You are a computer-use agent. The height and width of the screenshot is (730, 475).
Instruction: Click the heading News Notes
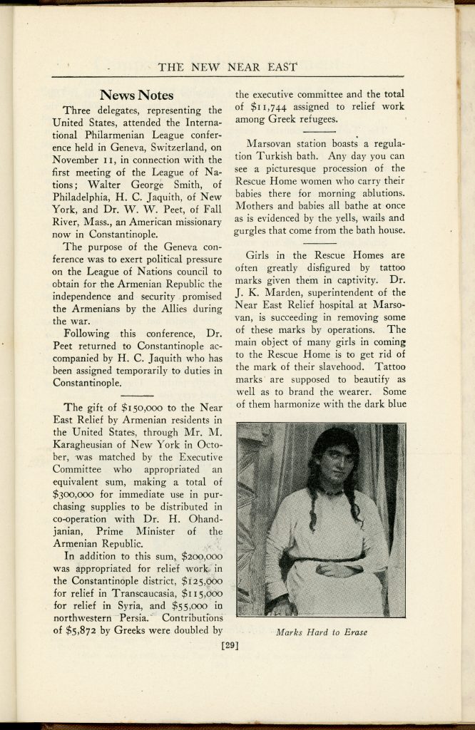tap(136, 95)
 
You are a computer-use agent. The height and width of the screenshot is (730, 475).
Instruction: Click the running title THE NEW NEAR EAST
tap(228, 68)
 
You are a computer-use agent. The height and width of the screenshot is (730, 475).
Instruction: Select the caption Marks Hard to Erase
tap(321, 632)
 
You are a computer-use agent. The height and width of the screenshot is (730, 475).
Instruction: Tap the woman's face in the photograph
tap(336, 464)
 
